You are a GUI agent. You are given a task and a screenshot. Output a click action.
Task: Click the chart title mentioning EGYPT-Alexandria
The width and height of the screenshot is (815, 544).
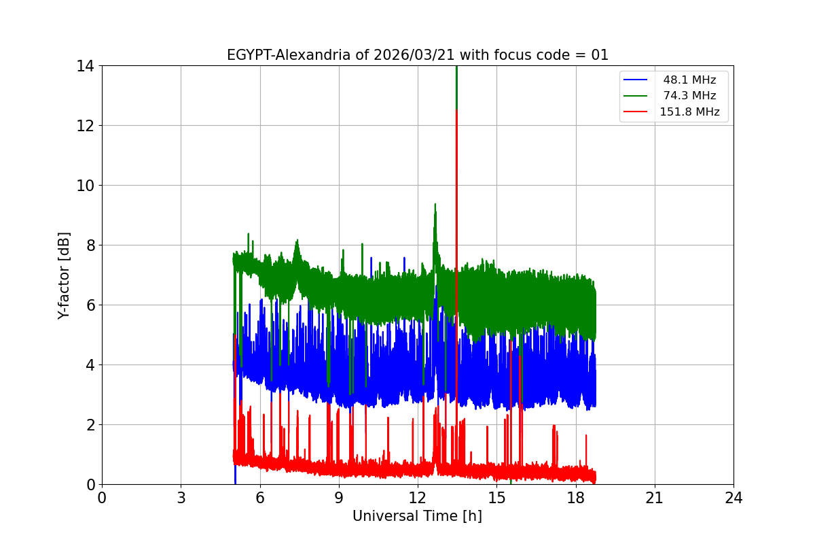(417, 55)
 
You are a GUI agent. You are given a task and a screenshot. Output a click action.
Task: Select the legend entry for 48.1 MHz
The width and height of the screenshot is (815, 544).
(689, 80)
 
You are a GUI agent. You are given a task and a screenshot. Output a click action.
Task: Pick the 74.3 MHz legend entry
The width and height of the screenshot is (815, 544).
(689, 96)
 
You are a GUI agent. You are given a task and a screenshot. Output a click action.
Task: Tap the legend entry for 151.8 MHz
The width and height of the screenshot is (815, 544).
(689, 112)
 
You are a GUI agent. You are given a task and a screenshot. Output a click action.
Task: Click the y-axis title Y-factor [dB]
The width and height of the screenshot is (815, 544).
(64, 275)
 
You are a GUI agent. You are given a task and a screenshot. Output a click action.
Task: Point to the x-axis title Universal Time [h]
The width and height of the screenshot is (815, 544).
(417, 516)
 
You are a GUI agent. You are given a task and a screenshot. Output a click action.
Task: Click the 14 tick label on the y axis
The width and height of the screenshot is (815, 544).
(85, 66)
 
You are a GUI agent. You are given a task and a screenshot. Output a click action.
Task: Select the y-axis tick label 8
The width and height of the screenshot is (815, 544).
(89, 245)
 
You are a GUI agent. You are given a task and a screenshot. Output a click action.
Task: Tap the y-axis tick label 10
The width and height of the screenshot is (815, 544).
(85, 186)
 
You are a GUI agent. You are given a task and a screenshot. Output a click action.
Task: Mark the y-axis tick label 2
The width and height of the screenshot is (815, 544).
(89, 425)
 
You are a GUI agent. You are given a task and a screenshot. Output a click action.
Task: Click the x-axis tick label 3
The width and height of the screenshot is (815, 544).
(181, 498)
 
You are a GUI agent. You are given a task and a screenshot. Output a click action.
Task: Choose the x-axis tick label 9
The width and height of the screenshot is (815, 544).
(339, 498)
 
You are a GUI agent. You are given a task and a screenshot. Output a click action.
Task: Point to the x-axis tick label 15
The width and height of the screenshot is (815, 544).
(496, 498)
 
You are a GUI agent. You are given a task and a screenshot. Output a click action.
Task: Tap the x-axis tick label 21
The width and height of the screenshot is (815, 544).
(655, 498)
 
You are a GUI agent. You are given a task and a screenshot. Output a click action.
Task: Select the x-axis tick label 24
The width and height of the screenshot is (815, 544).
(733, 498)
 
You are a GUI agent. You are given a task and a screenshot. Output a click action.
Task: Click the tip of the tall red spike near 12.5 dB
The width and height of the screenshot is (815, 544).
(456, 109)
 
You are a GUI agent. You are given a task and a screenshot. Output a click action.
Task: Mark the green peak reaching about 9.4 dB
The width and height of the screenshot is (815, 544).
(435, 204)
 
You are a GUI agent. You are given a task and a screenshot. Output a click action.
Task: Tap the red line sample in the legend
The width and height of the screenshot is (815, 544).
(635, 112)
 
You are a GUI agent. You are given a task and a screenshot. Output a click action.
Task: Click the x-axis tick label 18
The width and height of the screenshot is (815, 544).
(576, 498)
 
